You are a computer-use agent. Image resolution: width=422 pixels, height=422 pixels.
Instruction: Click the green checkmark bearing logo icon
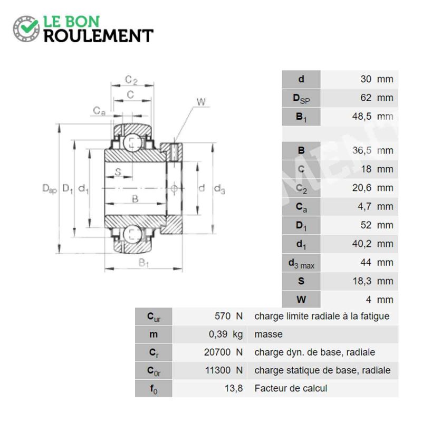coord(26,28)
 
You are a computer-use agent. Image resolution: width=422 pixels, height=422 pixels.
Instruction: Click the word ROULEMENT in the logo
coord(99,36)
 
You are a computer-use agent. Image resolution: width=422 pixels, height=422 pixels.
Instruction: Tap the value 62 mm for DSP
coord(377,98)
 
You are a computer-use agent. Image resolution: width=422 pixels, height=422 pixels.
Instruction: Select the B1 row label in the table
coord(301,117)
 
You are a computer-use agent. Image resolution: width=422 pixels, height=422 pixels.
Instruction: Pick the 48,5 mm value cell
coord(373,116)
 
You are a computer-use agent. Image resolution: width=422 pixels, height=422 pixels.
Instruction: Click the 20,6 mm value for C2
coord(373,188)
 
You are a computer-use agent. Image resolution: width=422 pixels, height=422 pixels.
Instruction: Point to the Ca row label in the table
coord(301,207)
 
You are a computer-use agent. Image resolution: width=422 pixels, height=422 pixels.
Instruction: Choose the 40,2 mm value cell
coord(373,244)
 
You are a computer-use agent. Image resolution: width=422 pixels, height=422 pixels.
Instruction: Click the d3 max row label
coord(301,263)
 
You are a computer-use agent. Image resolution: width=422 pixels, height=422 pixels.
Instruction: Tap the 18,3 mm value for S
coord(373,281)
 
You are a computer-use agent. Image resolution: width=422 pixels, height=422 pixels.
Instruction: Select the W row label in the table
coord(301,300)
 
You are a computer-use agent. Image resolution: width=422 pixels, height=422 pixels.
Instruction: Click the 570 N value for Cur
coord(228,316)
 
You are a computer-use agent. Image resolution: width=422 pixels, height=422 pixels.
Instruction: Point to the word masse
coord(268,334)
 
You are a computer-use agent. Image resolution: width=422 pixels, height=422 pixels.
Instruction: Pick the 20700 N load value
coord(223,352)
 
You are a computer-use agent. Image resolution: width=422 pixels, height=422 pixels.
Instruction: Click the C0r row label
coord(154,371)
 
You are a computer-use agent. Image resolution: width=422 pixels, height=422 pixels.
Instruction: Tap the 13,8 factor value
coord(234,388)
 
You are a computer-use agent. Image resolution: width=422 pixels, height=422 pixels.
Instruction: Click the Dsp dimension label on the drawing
coord(50,189)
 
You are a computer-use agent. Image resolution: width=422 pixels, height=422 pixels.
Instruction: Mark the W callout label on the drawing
coord(201,102)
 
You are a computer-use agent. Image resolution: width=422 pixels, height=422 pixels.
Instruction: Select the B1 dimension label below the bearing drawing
coord(143,263)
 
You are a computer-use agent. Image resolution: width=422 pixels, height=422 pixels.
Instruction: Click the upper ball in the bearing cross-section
coord(132,142)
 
